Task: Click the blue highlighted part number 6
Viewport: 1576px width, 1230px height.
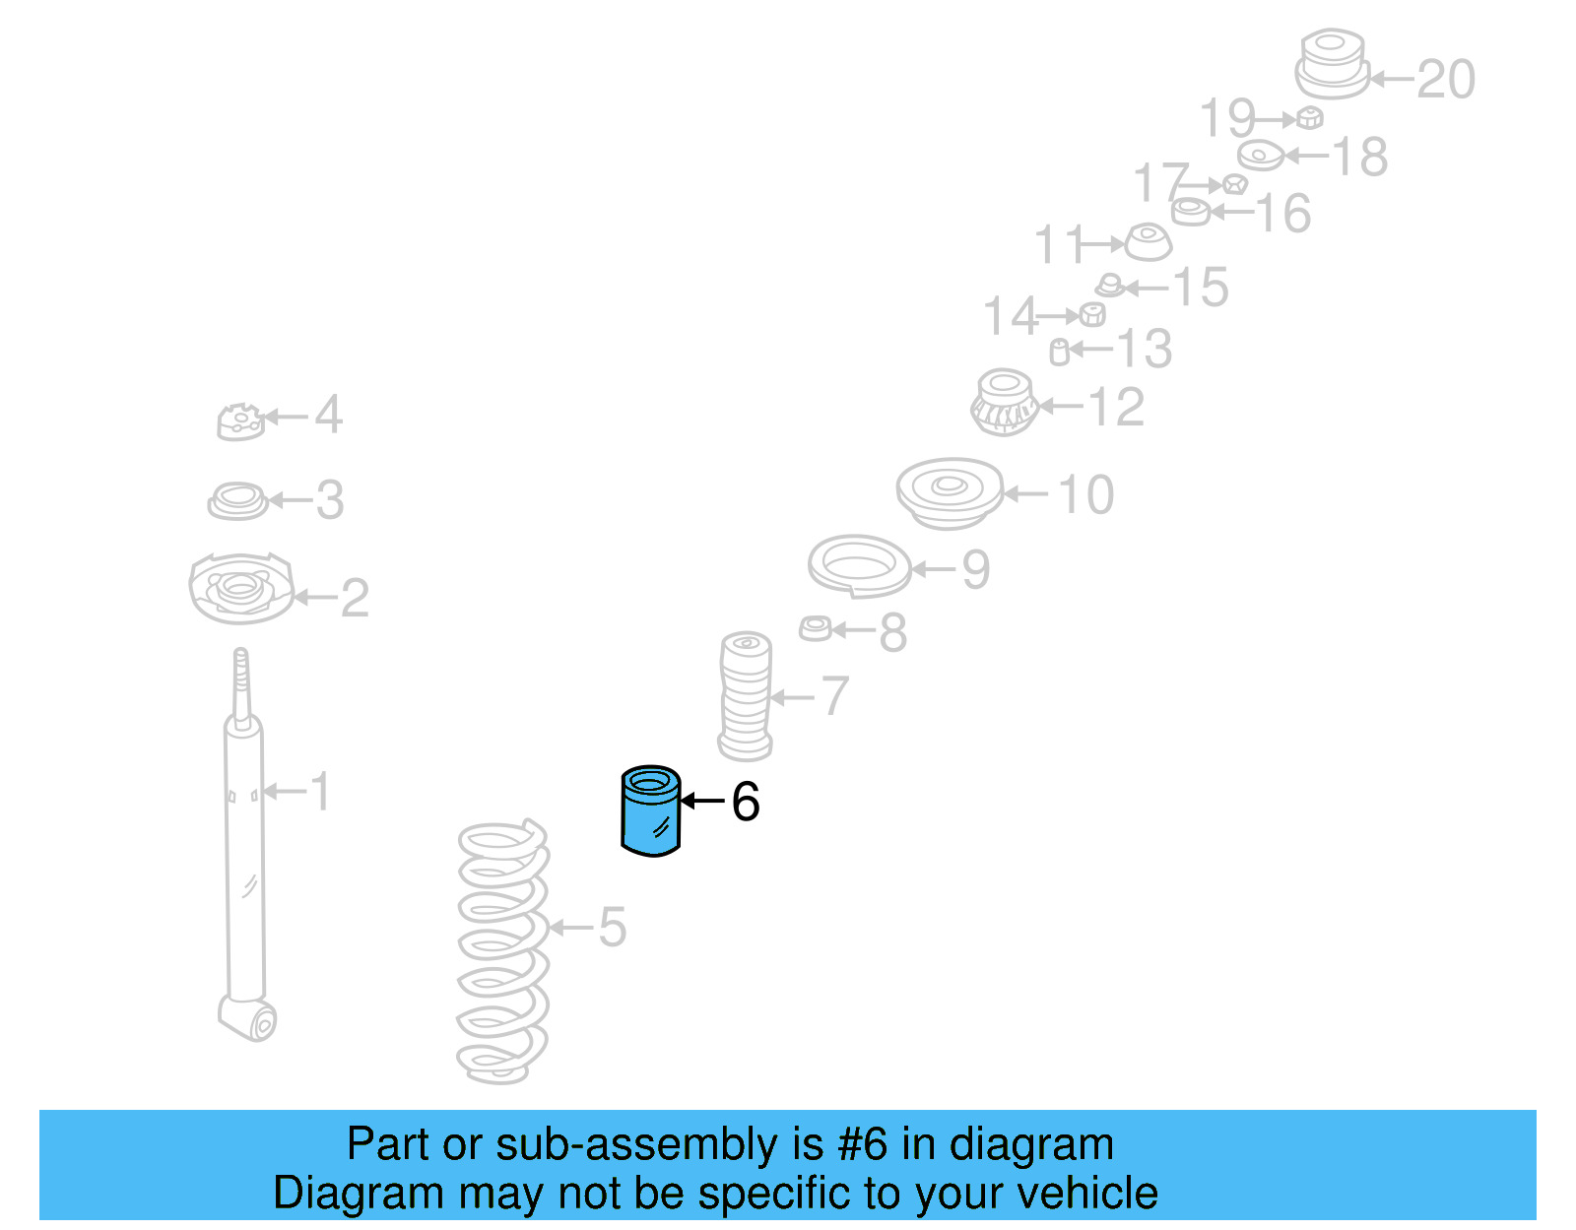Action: pos(650,811)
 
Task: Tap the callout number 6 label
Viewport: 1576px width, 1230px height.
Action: pos(746,802)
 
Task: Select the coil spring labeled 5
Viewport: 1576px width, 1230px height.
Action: pos(501,951)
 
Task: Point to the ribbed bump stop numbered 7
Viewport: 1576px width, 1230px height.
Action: pos(746,696)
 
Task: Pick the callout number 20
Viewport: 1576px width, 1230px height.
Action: pos(1445,79)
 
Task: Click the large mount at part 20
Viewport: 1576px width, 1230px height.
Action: pos(1332,64)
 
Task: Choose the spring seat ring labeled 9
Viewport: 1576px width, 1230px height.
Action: pos(859,565)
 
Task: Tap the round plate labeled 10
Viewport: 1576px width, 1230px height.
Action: pos(949,491)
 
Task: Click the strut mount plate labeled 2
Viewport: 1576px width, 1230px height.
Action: pos(240,589)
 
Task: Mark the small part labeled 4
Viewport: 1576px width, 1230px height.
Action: pos(240,421)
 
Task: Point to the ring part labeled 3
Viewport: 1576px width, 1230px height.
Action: pos(237,500)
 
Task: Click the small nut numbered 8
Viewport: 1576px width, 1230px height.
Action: pos(816,628)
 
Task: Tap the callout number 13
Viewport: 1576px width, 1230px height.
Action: pos(1145,350)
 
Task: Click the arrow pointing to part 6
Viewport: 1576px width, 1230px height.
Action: pos(702,802)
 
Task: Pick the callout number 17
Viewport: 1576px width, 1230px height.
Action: pos(1160,182)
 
